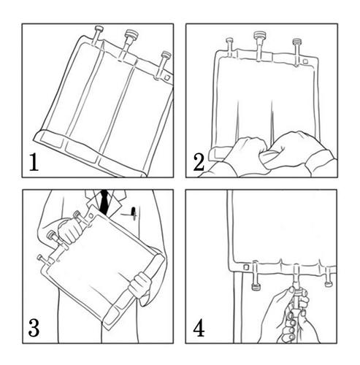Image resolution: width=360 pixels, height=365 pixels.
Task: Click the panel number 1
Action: pyautogui.click(x=34, y=162)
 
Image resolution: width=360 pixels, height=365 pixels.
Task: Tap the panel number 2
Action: pyautogui.click(x=199, y=162)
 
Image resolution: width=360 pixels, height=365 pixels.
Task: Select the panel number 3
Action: pyautogui.click(x=34, y=328)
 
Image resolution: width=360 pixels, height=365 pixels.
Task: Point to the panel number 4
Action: pyautogui.click(x=199, y=328)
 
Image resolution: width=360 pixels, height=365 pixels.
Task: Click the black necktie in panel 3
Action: pyautogui.click(x=104, y=202)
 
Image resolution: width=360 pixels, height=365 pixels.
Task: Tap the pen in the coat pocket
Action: pyautogui.click(x=134, y=214)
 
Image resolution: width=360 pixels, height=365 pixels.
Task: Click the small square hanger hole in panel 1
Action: pyautogui.click(x=167, y=77)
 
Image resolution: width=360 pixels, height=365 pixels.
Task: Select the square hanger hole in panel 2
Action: pyautogui.click(x=305, y=61)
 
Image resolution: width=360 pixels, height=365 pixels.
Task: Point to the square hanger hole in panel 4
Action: pyautogui.click(x=246, y=267)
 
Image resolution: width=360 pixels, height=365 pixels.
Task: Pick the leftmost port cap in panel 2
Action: pyautogui.click(x=229, y=40)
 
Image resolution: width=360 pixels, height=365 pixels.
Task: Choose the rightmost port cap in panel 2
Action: pyautogui.click(x=296, y=41)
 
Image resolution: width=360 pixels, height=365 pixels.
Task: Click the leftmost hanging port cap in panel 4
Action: pyautogui.click(x=256, y=287)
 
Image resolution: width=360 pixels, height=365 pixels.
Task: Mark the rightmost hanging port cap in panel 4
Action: pyautogui.click(x=329, y=284)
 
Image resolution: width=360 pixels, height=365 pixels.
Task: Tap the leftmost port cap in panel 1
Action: pyautogui.click(x=99, y=28)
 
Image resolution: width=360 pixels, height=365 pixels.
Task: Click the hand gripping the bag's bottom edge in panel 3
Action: pyautogui.click(x=140, y=285)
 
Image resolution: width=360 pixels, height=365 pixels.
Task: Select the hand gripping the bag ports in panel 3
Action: pyautogui.click(x=71, y=230)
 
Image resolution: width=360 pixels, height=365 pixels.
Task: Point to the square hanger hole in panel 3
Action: pyautogui.click(x=91, y=215)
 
